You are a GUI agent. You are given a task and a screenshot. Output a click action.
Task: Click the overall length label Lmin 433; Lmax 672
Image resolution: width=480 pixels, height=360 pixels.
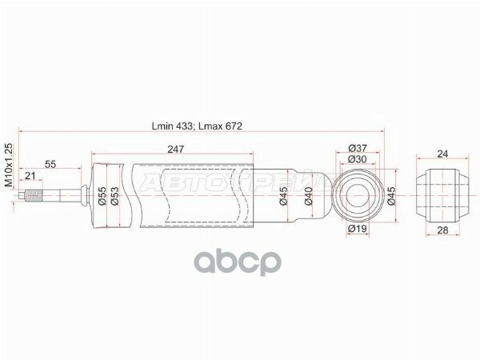pyautogui.click(x=197, y=126)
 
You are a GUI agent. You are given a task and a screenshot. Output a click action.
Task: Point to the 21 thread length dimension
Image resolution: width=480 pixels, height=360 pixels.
pyautogui.click(x=30, y=176)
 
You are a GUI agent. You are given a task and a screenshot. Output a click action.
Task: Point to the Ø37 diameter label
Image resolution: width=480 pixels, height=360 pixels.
pyautogui.click(x=358, y=148)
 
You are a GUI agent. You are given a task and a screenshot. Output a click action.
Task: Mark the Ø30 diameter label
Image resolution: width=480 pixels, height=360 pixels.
pyautogui.click(x=358, y=159)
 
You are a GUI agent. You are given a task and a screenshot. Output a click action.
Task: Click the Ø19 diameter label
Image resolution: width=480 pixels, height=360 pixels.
pyautogui.click(x=357, y=230)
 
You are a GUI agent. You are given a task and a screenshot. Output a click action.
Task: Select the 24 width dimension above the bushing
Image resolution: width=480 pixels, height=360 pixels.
pyautogui.click(x=442, y=155)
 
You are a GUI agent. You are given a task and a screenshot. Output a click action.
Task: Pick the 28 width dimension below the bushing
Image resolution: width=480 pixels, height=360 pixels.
pyautogui.click(x=442, y=230)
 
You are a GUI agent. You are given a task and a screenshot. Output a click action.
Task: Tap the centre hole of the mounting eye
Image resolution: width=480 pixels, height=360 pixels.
pyautogui.click(x=358, y=194)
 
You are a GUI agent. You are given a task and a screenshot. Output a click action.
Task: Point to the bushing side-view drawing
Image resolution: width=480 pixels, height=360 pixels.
pyautogui.click(x=442, y=194)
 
